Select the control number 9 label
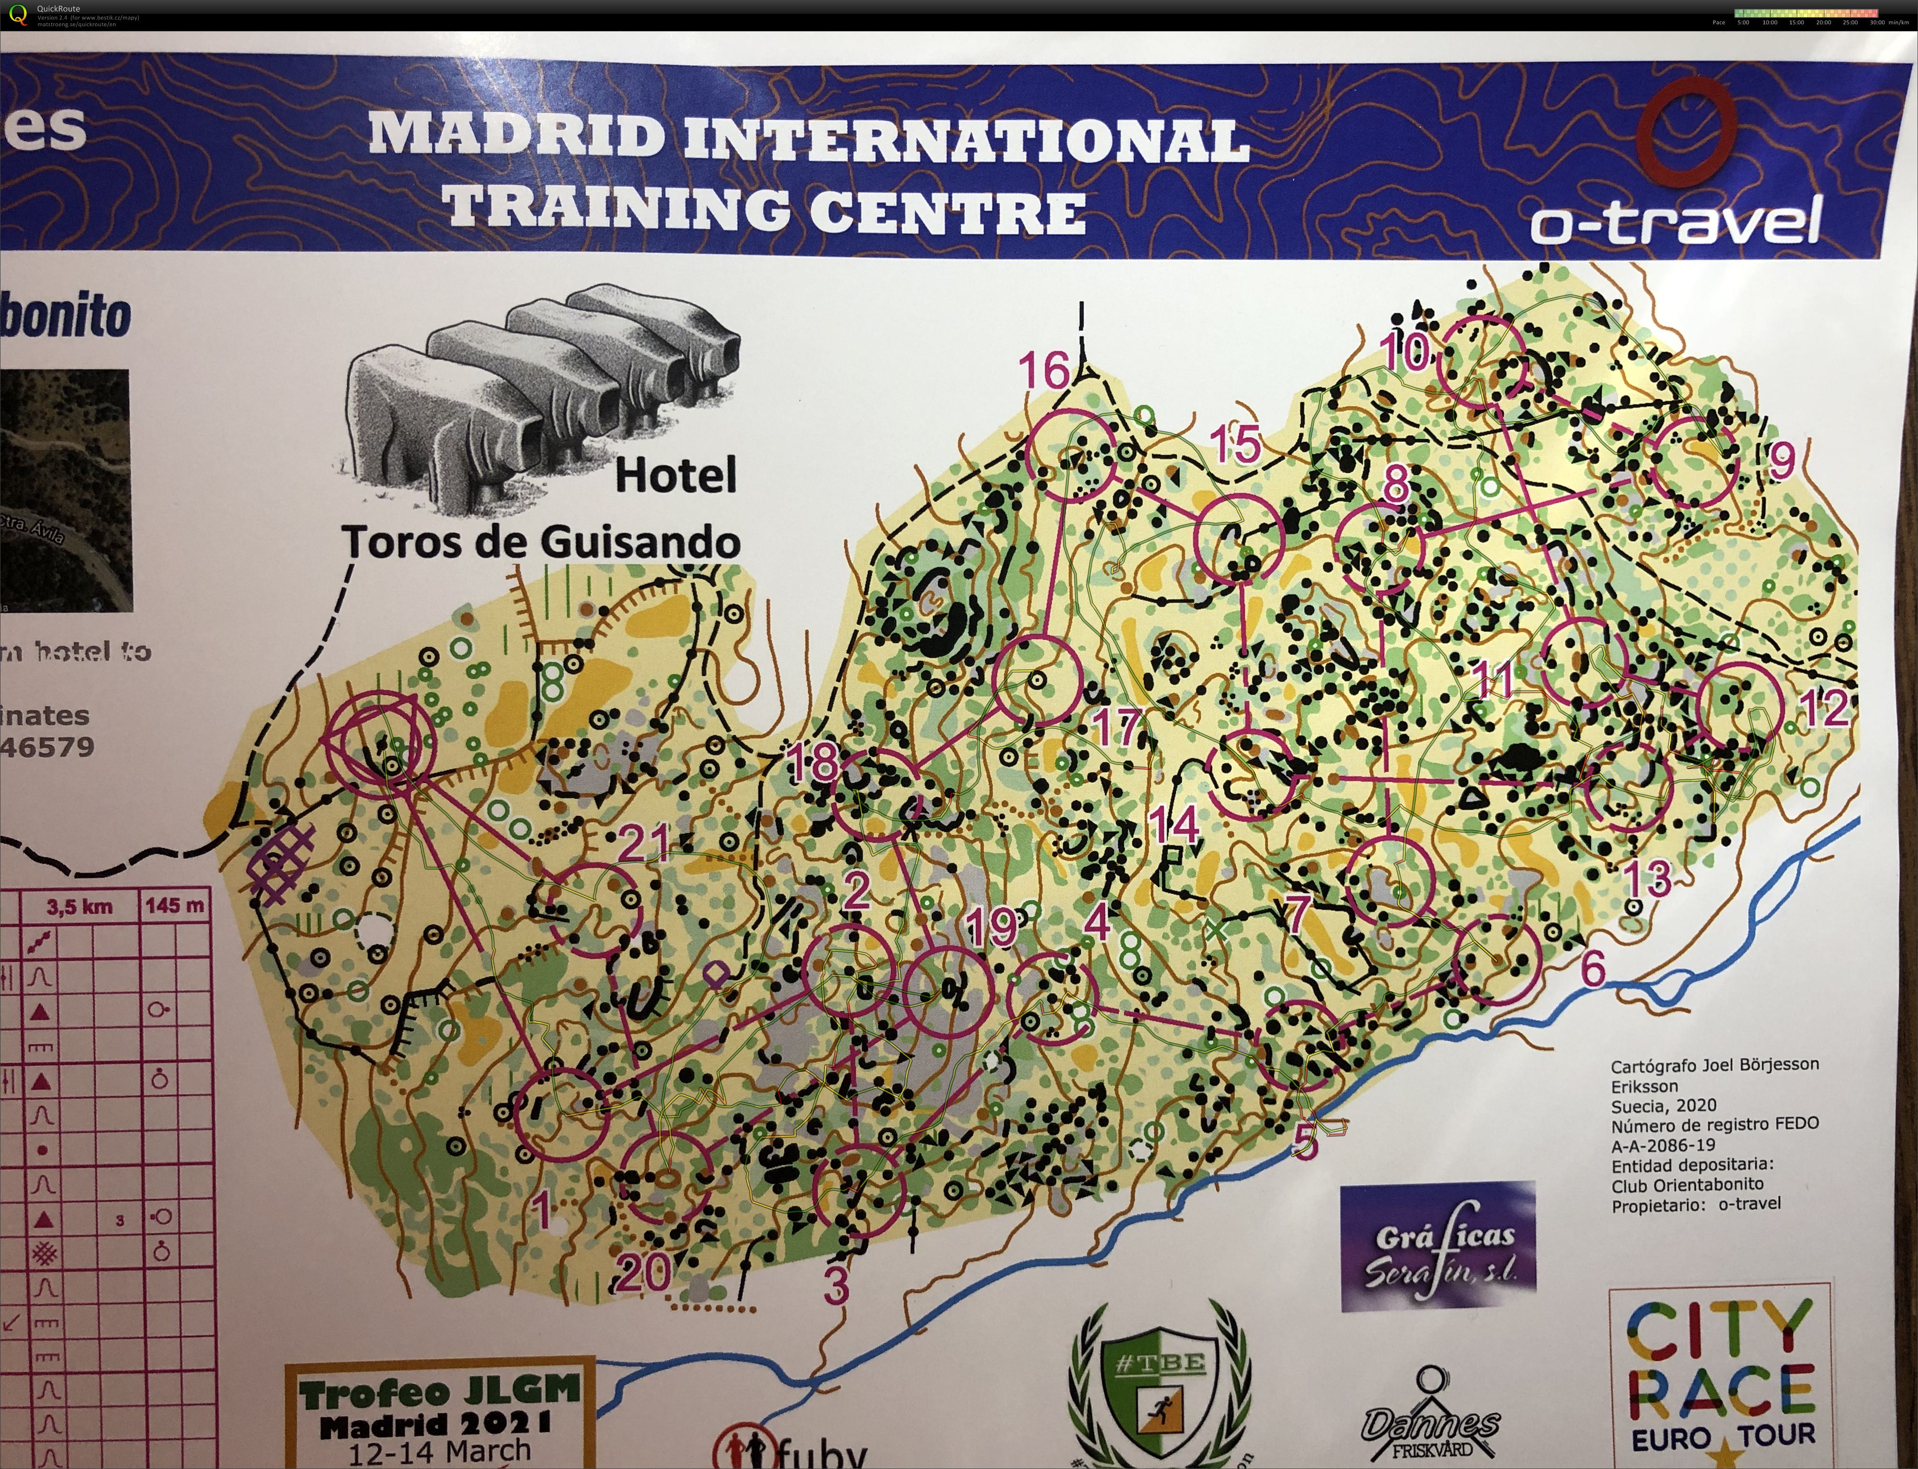1782,461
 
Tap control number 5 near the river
1304,1141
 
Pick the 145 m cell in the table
175,906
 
